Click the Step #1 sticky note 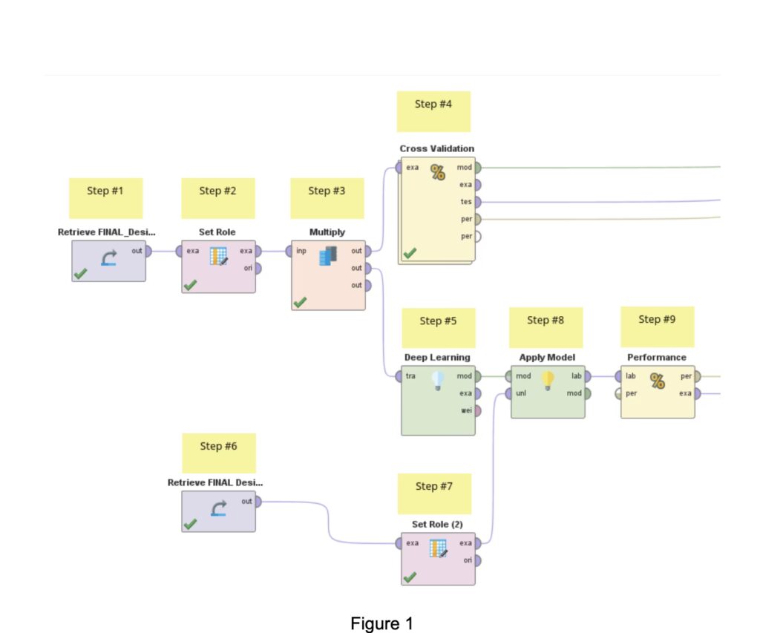105,197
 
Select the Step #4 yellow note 433,111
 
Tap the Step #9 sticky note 657,326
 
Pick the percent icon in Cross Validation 438,173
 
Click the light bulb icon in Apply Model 548,381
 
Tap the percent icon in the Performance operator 658,381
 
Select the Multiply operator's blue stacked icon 327,256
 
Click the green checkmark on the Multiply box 300,302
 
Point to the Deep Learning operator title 437,357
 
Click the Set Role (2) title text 437,524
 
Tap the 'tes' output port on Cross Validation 478,201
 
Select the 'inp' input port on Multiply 289,251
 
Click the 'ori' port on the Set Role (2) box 479,560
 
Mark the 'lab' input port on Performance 617,376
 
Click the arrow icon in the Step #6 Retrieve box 219,508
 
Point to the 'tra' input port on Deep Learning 399,376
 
